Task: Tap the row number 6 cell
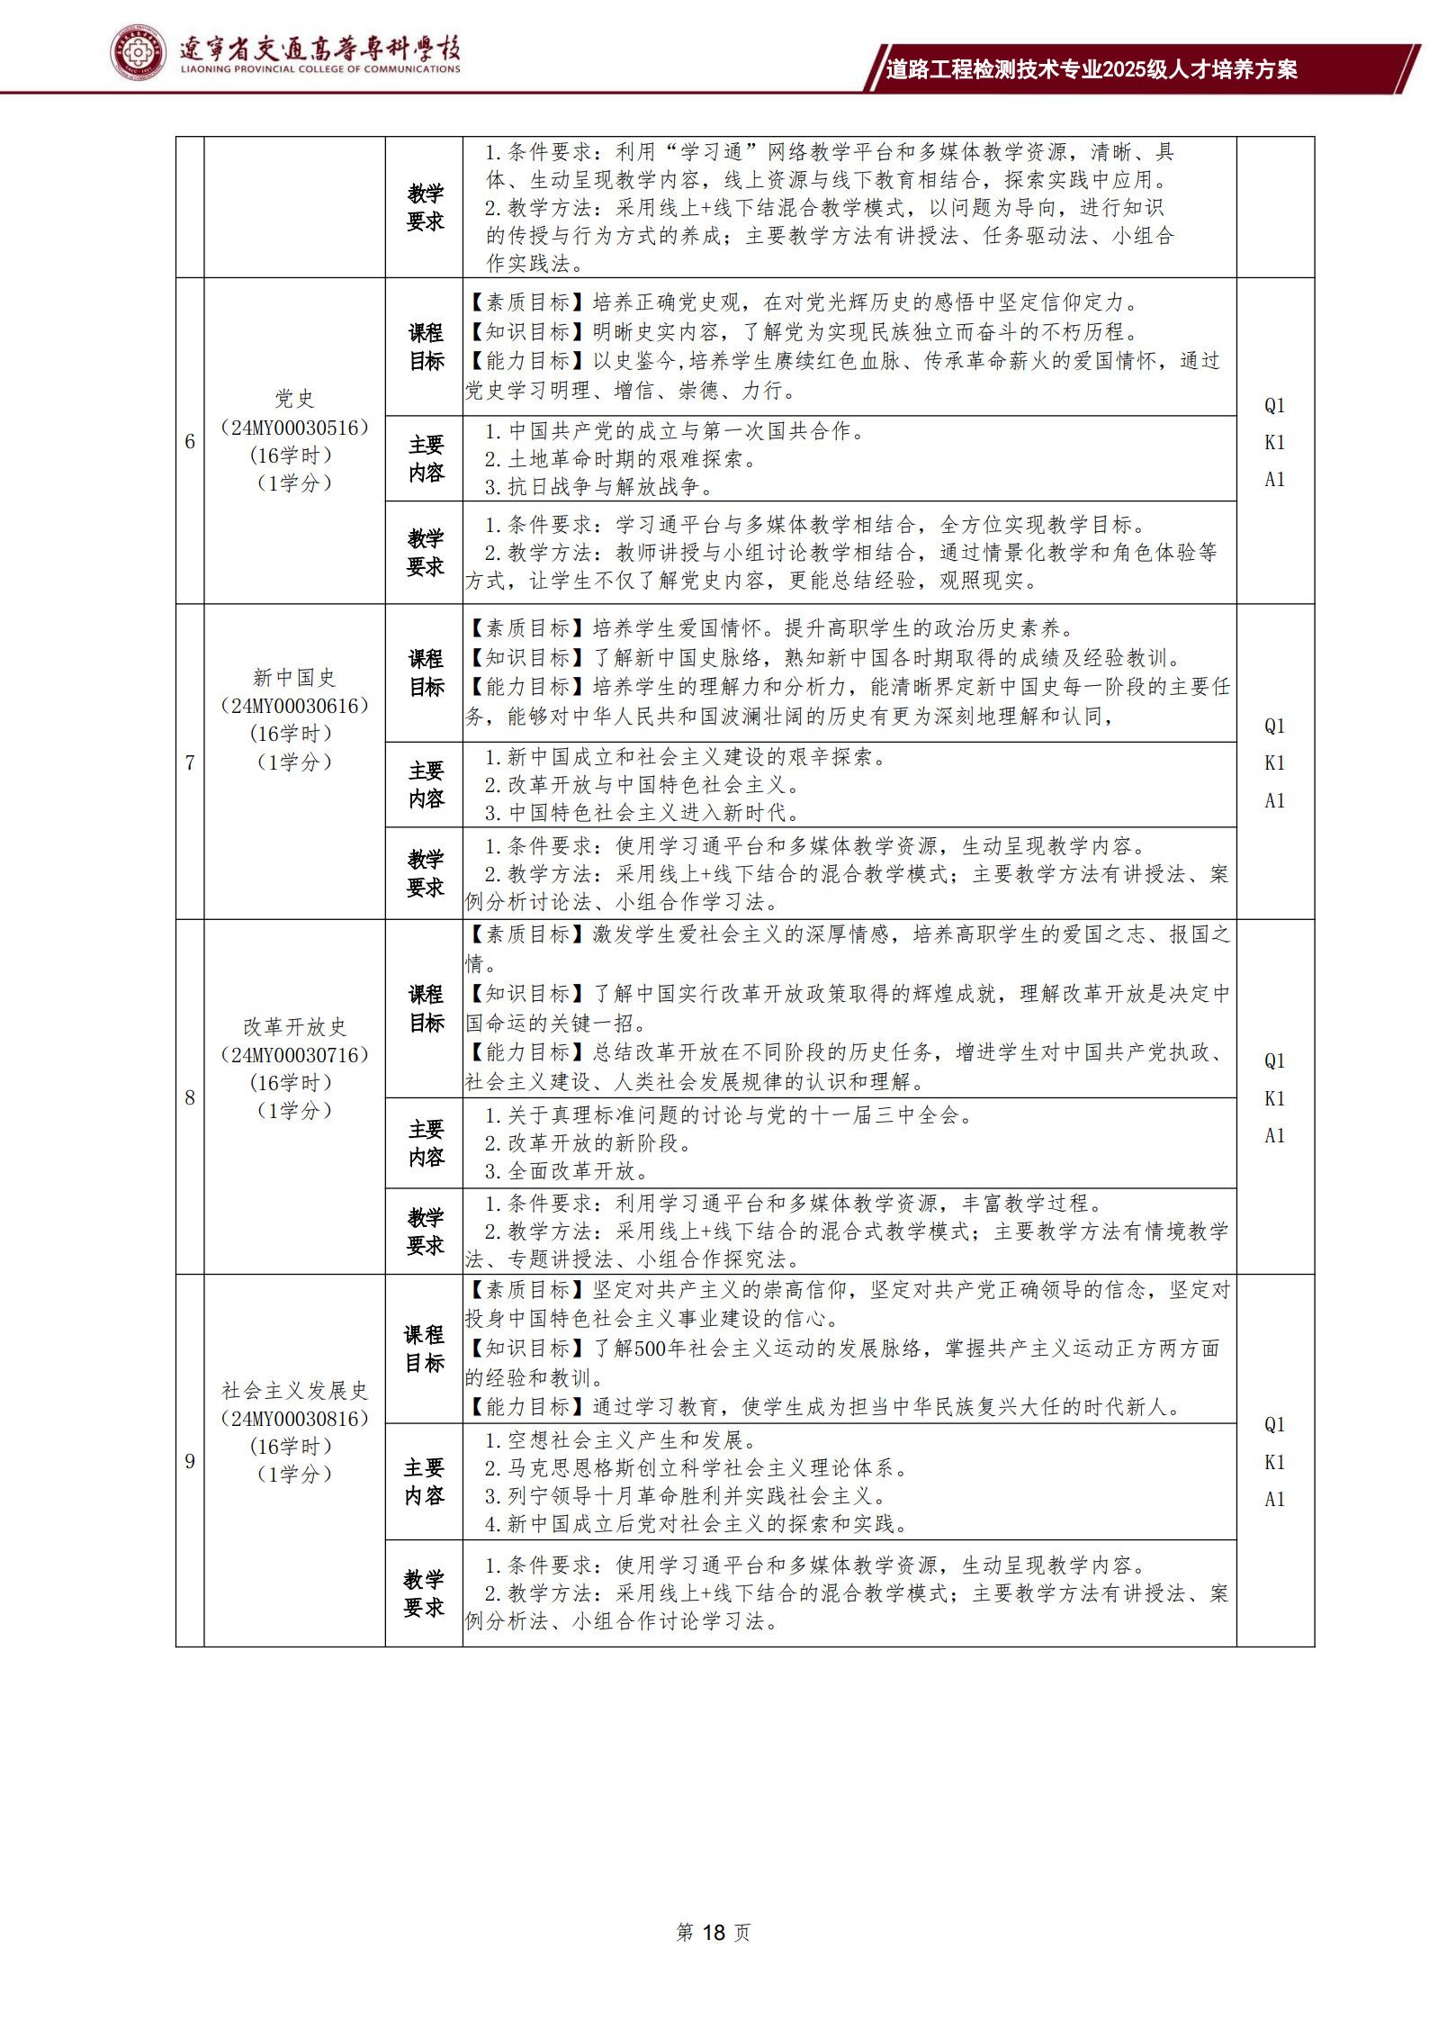[190, 441]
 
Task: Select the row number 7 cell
[190, 762]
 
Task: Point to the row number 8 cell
[190, 1097]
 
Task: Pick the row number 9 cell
[190, 1461]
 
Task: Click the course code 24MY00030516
[294, 428]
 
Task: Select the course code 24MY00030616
[294, 706]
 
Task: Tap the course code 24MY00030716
[294, 1054]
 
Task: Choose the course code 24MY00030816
[294, 1418]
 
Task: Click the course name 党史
[294, 399]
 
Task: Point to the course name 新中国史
[294, 677]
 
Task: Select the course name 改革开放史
[294, 1026]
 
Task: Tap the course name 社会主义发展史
[294, 1390]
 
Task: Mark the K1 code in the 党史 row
[1274, 442]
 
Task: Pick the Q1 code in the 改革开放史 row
[1274, 1060]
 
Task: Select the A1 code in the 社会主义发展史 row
[1274, 1499]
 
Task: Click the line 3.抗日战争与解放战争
[598, 488]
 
